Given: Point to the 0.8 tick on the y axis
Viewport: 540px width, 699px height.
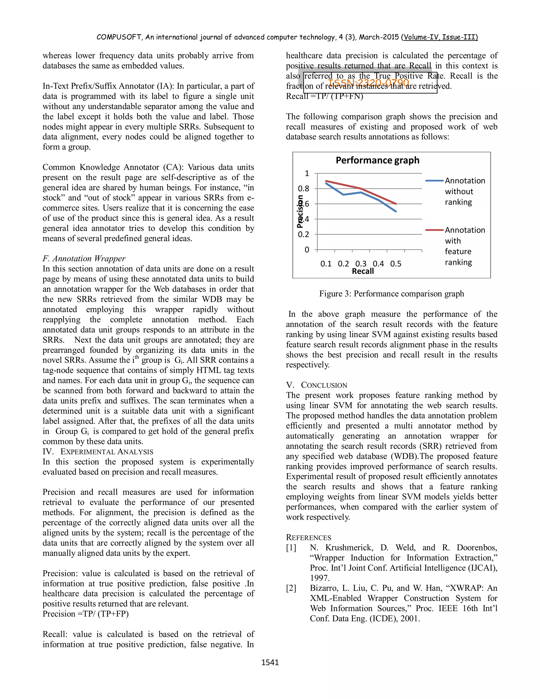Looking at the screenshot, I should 303,189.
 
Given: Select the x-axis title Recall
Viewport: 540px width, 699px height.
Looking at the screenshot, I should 363,271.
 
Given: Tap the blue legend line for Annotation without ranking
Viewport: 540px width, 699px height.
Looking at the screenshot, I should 434,181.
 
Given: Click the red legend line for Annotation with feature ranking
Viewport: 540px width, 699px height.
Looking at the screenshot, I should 434,230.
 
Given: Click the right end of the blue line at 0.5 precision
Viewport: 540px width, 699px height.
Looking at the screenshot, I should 396,211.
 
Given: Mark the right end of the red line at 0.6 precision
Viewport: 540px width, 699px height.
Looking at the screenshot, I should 396,204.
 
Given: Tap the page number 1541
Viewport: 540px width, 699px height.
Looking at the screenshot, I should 270,662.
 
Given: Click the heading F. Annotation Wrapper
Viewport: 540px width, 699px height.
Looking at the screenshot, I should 84,258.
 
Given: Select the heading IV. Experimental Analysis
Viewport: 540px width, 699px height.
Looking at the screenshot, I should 98,452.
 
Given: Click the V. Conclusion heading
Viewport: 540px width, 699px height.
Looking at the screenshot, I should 316,385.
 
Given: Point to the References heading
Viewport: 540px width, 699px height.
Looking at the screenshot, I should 308,537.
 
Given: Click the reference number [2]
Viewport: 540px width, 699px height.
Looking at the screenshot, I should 291,588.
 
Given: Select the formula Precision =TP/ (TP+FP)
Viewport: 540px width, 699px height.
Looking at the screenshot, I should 85,614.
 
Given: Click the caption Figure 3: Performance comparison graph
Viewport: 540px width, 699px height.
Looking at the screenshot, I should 391,294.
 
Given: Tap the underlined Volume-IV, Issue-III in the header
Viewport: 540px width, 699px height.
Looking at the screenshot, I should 441,37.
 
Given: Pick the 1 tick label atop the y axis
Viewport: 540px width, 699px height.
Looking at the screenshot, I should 307,174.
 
